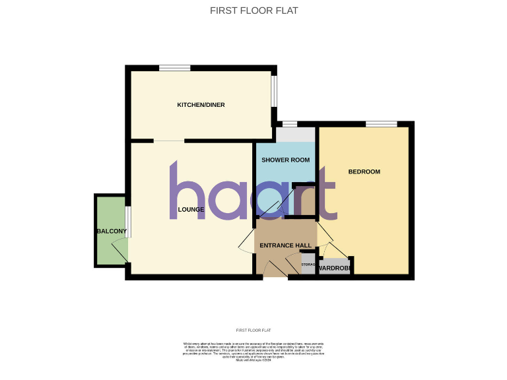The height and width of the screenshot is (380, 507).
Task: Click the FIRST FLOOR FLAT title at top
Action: [x=253, y=10]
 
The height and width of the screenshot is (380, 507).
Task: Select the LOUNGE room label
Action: [x=191, y=210]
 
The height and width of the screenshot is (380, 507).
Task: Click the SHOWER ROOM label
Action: [x=286, y=160]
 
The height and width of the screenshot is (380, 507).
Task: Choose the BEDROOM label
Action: [x=364, y=172]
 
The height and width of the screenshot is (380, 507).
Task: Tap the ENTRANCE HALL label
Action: [x=286, y=245]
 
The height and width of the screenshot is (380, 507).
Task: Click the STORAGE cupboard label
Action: [x=309, y=265]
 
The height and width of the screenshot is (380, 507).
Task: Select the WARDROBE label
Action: [x=334, y=268]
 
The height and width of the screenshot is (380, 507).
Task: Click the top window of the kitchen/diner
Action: [x=175, y=67]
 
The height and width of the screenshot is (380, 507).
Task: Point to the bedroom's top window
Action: [x=382, y=123]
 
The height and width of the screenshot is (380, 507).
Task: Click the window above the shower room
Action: [x=288, y=123]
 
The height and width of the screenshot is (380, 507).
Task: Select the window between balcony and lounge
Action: [x=128, y=221]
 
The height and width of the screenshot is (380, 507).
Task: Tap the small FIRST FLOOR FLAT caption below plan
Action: [x=253, y=330]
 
